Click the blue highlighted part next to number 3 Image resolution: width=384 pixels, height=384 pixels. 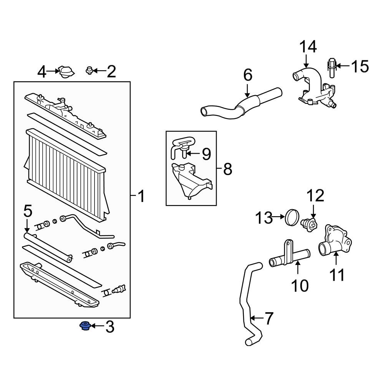coord(84,327)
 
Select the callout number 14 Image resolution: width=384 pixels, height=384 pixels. coord(308,47)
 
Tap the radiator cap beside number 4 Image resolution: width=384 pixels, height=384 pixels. coord(66,72)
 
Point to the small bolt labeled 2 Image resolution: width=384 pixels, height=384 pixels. coord(89,71)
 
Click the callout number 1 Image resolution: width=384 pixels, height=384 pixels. coord(141,196)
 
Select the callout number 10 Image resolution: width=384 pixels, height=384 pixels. coord(300,285)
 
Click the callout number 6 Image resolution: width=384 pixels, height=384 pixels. coord(248,75)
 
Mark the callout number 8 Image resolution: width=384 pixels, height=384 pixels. coord(228,169)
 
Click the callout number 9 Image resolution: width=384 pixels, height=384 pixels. coord(206,154)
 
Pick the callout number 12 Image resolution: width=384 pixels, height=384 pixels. coord(315,195)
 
